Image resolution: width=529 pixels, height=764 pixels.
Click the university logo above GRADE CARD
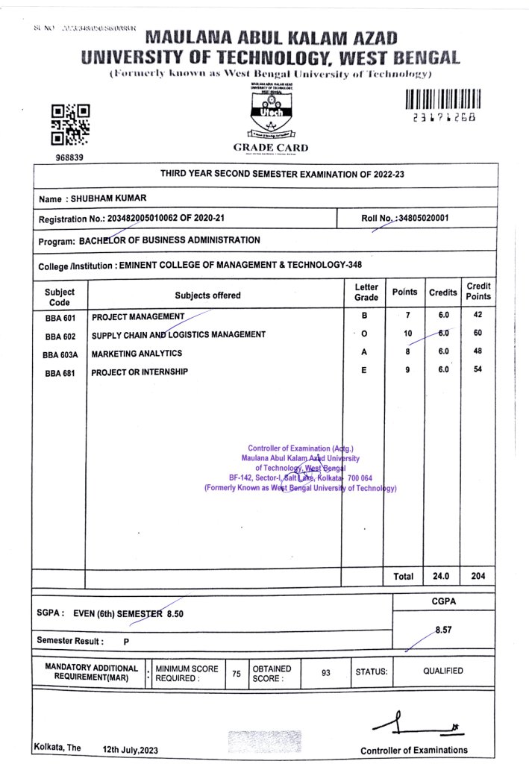[270, 112]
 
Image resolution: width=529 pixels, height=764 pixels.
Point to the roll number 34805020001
[421, 218]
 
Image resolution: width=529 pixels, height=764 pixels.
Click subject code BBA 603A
[60, 354]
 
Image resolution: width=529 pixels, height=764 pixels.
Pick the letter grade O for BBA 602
[363, 334]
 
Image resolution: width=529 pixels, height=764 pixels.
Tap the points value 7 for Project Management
[408, 316]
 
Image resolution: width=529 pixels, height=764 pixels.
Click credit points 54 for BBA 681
[478, 371]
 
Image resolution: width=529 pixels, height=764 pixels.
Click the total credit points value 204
[478, 577]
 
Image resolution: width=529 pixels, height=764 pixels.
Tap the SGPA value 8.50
[175, 613]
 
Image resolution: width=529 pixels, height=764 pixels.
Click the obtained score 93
[325, 672]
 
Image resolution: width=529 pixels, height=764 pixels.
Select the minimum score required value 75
[236, 673]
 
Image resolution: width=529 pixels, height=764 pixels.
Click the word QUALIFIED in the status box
[443, 671]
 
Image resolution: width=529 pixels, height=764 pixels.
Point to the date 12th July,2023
[131, 748]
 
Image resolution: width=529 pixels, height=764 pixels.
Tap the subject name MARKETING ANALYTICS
[137, 354]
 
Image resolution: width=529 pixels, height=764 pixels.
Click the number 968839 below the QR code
[69, 158]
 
